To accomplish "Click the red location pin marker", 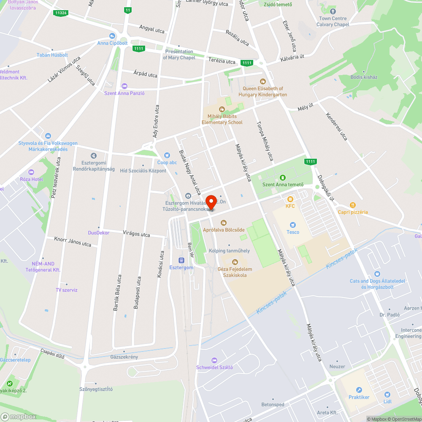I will pyautogui.click(x=211, y=201).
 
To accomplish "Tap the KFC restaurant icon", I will pyautogui.click(x=290, y=199).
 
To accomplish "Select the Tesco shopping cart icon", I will pyautogui.click(x=293, y=225).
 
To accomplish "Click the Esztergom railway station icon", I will pyautogui.click(x=181, y=260).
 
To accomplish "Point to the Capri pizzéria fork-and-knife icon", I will pyautogui.click(x=353, y=205).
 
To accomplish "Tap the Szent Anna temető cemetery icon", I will pyautogui.click(x=283, y=178).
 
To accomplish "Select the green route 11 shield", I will pyautogui.click(x=128, y=10).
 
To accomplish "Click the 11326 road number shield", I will pyautogui.click(x=61, y=13).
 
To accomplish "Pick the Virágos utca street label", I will pyautogui.click(x=136, y=234).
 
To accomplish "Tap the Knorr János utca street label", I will pyautogui.click(x=73, y=241).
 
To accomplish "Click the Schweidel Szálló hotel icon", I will pyautogui.click(x=214, y=360).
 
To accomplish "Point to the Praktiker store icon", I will pyautogui.click(x=359, y=390).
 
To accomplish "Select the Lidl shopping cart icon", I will pyautogui.click(x=387, y=394).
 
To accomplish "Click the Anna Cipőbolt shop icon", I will pyautogui.click(x=112, y=36).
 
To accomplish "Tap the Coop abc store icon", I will pyautogui.click(x=167, y=155).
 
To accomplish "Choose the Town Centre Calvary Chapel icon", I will pyautogui.click(x=333, y=11).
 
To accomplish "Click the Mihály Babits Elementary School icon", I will pyautogui.click(x=222, y=109).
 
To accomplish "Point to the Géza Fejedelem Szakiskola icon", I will pyautogui.click(x=235, y=262).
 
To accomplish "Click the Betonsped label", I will pyautogui.click(x=273, y=405).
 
